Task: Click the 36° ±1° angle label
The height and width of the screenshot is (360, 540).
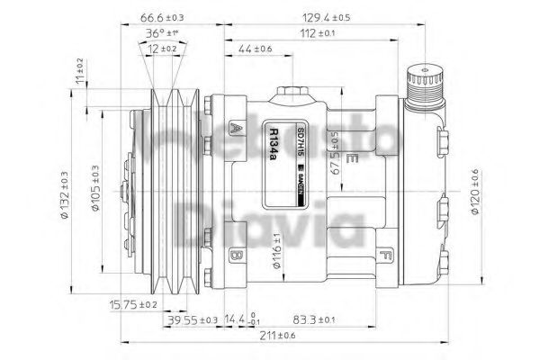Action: [x=163, y=33]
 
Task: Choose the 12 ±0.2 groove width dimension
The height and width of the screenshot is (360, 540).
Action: [x=163, y=49]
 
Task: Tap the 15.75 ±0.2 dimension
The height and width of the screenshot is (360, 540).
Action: [x=131, y=304]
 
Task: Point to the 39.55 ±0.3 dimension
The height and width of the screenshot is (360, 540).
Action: [x=193, y=319]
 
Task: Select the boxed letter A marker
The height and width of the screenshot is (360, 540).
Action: [x=235, y=127]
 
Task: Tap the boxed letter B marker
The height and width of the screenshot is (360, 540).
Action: [x=237, y=256]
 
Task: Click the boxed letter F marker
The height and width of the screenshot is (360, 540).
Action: [x=385, y=255]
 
